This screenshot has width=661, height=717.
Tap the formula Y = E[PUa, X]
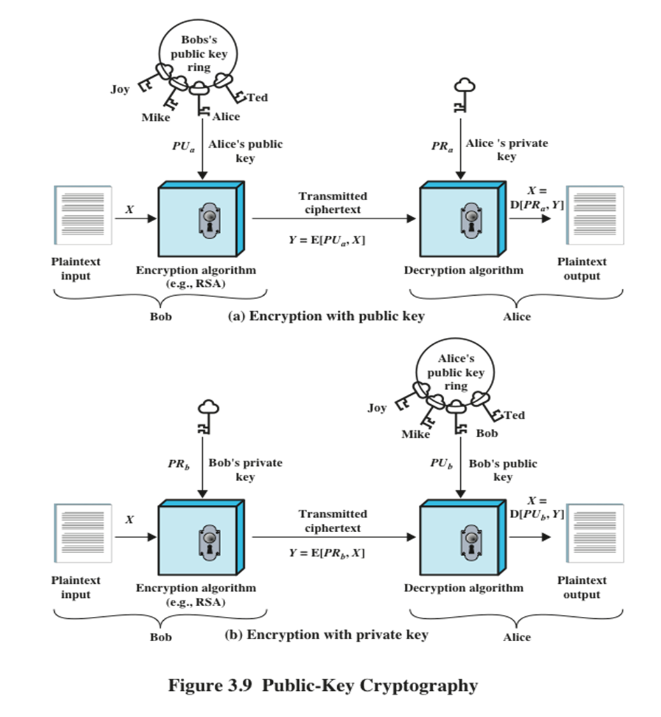coord(326,240)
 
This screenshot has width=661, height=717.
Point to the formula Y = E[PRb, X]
coord(326,553)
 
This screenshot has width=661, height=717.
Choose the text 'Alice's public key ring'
coord(455,372)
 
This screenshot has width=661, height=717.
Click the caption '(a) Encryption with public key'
coord(326,316)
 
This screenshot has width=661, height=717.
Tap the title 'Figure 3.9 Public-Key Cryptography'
coord(323,685)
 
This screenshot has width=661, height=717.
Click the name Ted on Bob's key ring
coord(258,98)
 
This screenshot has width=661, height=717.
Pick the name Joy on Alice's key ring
coord(377,407)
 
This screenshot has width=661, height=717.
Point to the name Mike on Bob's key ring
coord(156,118)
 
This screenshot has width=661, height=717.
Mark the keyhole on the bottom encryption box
coord(210,539)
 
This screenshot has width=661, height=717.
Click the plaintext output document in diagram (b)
coord(595,534)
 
